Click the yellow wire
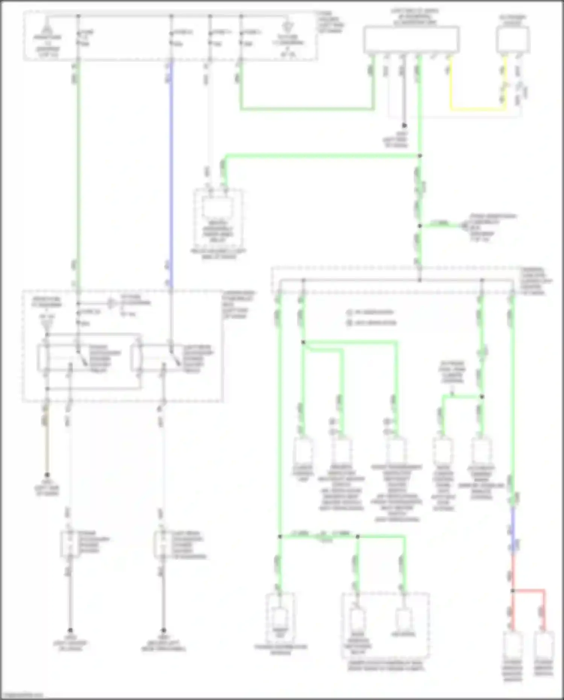tap(478, 109)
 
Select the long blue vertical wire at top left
tap(171, 169)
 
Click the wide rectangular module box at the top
tap(411, 39)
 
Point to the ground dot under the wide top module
tap(404, 126)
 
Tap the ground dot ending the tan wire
tap(47, 475)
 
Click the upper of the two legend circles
tap(349, 312)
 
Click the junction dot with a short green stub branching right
tap(420, 226)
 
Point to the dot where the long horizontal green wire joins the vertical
tap(420, 156)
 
